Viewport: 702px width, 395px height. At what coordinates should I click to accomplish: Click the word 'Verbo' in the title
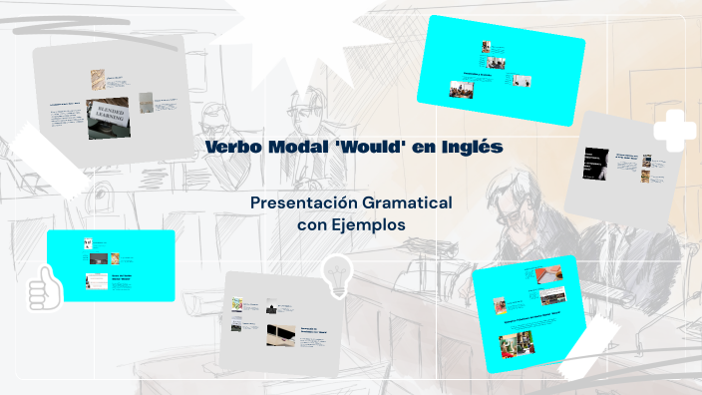pyautogui.click(x=232, y=148)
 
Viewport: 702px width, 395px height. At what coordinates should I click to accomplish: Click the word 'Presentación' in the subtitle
pyautogui.click(x=309, y=202)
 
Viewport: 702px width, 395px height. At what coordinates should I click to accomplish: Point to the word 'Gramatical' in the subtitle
pyautogui.click(x=412, y=202)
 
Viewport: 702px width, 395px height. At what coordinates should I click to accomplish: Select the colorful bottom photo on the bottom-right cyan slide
pyautogui.click(x=517, y=344)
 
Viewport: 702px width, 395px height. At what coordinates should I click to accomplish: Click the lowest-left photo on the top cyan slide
pyautogui.click(x=462, y=90)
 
